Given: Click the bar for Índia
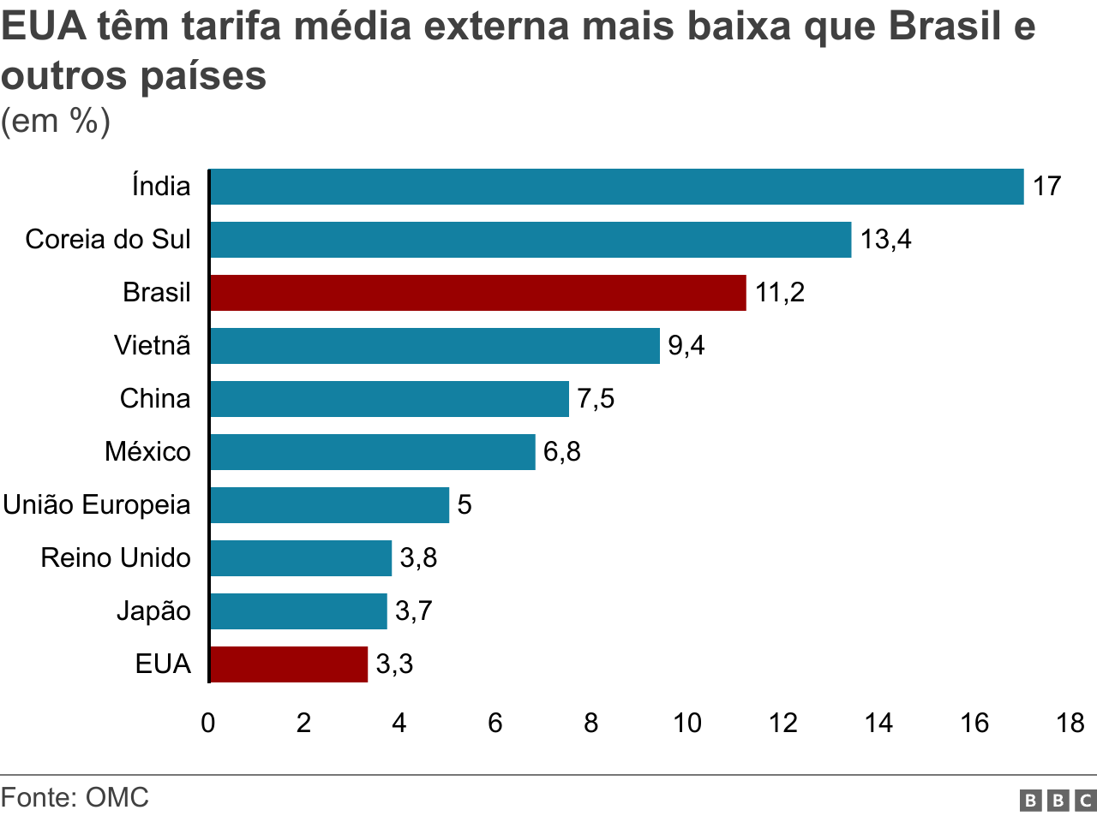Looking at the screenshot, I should tap(616, 187).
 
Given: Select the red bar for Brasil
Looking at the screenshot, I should tap(477, 293).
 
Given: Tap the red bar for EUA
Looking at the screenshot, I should tap(289, 664).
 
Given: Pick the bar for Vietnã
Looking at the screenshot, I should tap(435, 346).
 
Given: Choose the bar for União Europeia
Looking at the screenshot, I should tap(329, 505).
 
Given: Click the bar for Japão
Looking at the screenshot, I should tap(298, 611).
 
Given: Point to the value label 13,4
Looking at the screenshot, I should tap(885, 240).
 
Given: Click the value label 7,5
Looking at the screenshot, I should tap(596, 399).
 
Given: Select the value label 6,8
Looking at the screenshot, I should tap(561, 452).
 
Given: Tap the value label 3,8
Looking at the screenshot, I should tap(418, 558).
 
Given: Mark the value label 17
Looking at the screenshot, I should tap(1046, 187).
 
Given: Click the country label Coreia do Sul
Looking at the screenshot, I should tap(108, 240).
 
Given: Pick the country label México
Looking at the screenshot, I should tap(147, 452).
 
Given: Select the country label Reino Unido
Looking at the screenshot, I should tap(116, 558).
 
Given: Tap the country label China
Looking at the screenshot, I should tap(155, 399).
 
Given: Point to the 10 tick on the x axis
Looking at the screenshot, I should tap(686, 724).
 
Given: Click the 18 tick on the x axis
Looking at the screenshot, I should tap(1070, 724).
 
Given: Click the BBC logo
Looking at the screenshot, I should tap(1058, 801).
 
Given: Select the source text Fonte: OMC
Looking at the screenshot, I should tap(75, 798).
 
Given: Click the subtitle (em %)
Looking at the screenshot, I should tap(56, 122).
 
